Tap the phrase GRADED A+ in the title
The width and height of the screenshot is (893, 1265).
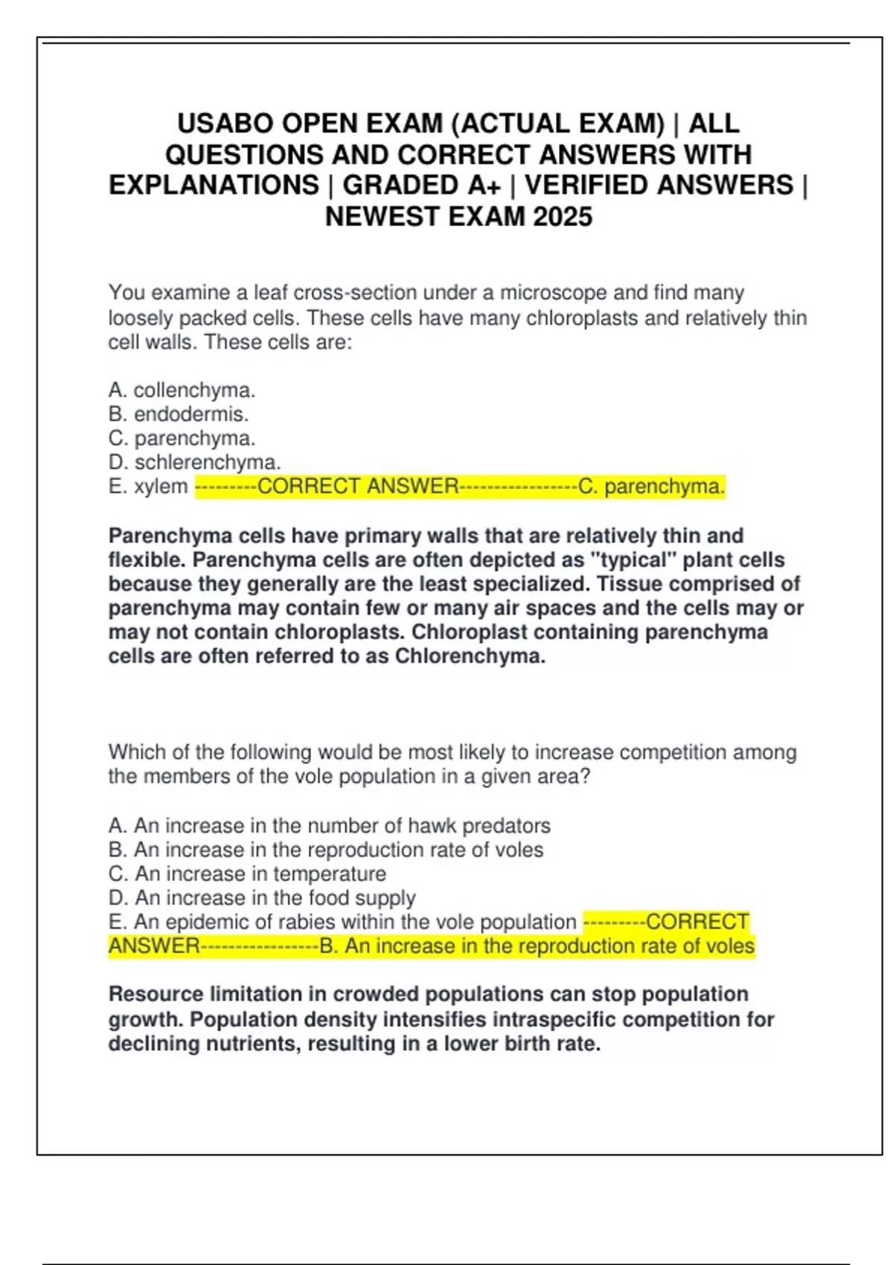pyautogui.click(x=421, y=185)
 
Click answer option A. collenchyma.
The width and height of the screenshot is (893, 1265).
pyautogui.click(x=182, y=390)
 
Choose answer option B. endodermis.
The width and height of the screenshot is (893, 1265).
pyautogui.click(x=179, y=414)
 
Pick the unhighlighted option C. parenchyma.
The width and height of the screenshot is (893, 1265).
pyautogui.click(x=182, y=438)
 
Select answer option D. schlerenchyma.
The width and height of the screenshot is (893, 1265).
pyautogui.click(x=194, y=462)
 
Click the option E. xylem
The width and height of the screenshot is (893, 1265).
pyautogui.click(x=148, y=487)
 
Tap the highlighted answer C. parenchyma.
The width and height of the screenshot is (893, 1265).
pyautogui.click(x=651, y=487)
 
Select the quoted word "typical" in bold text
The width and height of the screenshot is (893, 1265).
pyautogui.click(x=632, y=560)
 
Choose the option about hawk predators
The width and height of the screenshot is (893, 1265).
pyautogui.click(x=329, y=825)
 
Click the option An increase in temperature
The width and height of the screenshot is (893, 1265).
pyautogui.click(x=247, y=874)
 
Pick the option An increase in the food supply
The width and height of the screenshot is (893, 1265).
pyautogui.click(x=261, y=897)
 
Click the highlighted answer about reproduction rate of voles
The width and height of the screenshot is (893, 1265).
pyautogui.click(x=537, y=947)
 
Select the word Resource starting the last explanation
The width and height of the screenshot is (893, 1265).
pyautogui.click(x=156, y=994)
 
